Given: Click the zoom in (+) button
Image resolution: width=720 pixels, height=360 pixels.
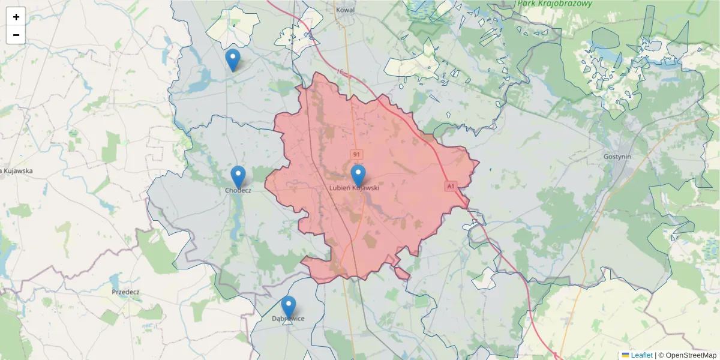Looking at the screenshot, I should [x=16, y=17].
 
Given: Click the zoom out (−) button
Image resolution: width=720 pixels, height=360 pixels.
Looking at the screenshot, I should [x=16, y=35].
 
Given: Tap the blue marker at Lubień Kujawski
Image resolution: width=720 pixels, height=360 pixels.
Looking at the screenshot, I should [x=358, y=176].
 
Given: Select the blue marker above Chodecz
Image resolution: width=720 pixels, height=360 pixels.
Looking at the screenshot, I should [x=238, y=177].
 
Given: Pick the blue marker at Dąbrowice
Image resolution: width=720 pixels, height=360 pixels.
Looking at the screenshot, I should [x=289, y=307].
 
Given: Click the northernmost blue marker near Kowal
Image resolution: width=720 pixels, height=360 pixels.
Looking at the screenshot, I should [x=233, y=60].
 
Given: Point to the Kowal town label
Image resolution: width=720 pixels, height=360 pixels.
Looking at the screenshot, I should [x=346, y=10].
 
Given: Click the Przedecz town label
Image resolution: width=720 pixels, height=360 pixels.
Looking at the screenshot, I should [x=125, y=292].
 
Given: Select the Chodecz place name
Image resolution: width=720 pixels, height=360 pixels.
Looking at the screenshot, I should [x=238, y=190].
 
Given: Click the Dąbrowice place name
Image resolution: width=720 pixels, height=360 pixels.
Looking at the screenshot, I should [x=288, y=319].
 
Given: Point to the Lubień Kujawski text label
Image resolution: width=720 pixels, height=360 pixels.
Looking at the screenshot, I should [x=355, y=188].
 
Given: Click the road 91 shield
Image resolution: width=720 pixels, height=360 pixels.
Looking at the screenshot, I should [x=357, y=155].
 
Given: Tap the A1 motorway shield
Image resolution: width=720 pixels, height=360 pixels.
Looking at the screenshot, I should [x=450, y=187].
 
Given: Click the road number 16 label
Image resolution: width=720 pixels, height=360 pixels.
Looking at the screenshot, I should [x=340, y=72].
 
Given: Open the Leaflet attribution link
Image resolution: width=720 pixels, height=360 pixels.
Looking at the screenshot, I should [x=641, y=355].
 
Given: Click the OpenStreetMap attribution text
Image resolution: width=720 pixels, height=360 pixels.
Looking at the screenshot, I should [x=691, y=355].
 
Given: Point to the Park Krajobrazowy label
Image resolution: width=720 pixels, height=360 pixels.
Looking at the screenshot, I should [x=554, y=4].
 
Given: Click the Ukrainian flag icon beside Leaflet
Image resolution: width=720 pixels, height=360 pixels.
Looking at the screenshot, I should [x=626, y=355].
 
